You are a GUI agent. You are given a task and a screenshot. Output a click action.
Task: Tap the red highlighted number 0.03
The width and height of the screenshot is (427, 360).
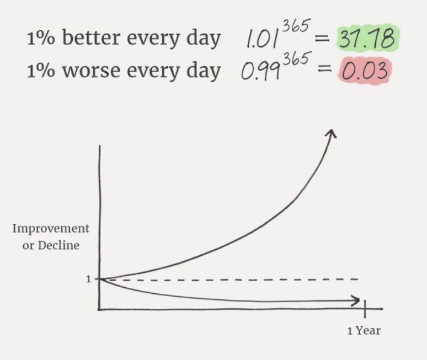click(x=365, y=71)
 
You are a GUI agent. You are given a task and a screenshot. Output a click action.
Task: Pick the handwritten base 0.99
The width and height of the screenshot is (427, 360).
click(x=260, y=72)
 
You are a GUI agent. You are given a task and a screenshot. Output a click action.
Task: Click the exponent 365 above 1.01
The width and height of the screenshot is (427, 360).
click(x=296, y=26)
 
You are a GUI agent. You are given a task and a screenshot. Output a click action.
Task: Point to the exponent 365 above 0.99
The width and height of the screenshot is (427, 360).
click(x=296, y=59)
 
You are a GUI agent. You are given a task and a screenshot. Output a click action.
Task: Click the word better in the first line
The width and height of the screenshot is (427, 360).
click(x=91, y=38)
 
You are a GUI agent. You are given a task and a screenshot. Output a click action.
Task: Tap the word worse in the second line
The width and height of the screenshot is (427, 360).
click(x=91, y=71)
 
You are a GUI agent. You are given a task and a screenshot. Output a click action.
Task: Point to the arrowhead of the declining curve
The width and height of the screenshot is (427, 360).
click(x=356, y=300)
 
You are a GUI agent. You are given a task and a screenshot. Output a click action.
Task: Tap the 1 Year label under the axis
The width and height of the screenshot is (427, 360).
click(x=364, y=331)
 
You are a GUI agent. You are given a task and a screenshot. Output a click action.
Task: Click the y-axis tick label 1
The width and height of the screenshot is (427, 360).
click(x=88, y=279)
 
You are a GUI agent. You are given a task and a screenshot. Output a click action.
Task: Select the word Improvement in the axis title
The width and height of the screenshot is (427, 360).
click(x=51, y=229)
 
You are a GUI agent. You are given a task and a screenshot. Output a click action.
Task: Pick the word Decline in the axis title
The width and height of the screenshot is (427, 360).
click(x=58, y=245)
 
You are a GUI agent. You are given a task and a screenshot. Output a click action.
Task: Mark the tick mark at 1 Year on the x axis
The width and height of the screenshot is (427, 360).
click(x=365, y=309)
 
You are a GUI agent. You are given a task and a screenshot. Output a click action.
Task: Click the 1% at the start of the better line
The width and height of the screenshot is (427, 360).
click(x=41, y=39)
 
